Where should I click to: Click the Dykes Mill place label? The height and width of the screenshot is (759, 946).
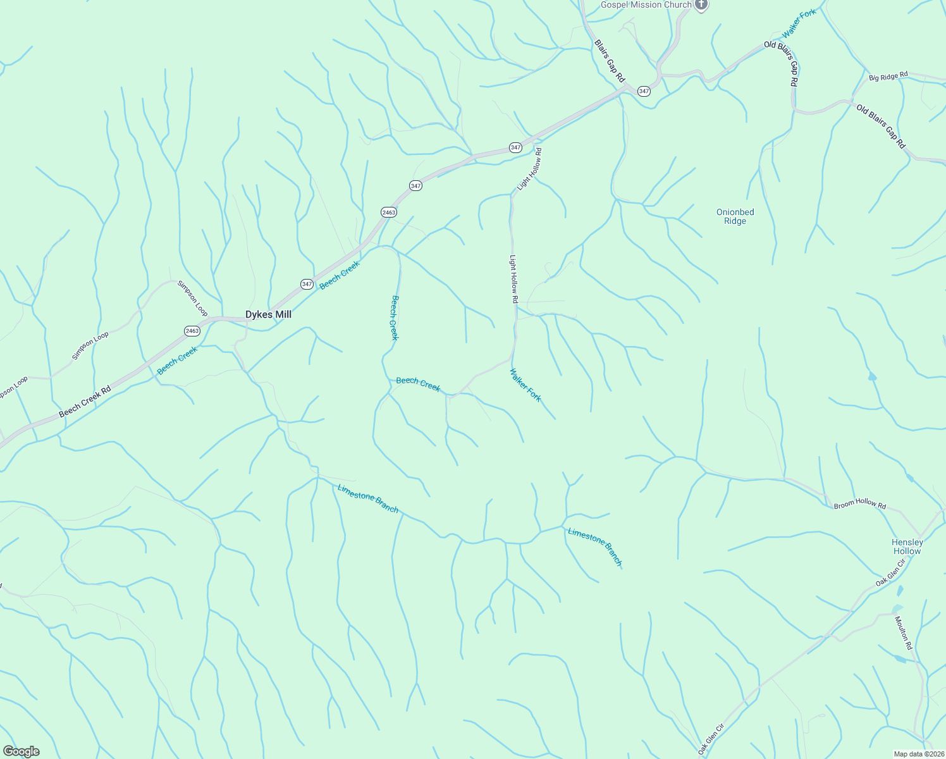(268, 314)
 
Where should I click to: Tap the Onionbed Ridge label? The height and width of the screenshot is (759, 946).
(735, 216)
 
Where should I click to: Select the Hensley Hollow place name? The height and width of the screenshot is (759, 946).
(907, 546)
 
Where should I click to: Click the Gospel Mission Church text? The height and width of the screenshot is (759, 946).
(646, 5)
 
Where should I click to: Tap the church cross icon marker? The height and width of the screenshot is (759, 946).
(701, 5)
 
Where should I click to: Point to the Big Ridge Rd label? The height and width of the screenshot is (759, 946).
(888, 77)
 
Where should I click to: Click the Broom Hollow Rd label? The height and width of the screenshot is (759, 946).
(859, 504)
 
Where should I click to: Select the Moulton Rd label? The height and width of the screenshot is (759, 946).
(904, 633)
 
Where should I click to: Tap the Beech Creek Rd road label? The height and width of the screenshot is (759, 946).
(85, 402)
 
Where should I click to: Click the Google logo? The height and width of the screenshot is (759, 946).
(21, 751)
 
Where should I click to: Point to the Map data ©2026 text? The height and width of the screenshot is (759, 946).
(918, 754)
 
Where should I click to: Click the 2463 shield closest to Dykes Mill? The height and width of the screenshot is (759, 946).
(192, 331)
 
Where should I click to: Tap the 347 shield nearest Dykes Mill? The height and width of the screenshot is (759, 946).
(307, 284)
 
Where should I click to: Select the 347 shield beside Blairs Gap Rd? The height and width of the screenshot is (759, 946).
(644, 91)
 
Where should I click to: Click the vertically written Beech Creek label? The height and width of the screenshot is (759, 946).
(395, 318)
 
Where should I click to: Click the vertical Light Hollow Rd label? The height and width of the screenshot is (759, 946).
(513, 279)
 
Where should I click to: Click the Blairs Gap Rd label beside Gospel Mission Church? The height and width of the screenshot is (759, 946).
(610, 61)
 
